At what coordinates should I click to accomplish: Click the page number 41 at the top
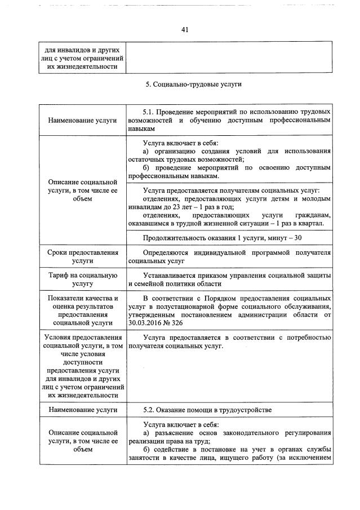(184, 30)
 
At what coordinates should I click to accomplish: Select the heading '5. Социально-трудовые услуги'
(185, 85)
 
